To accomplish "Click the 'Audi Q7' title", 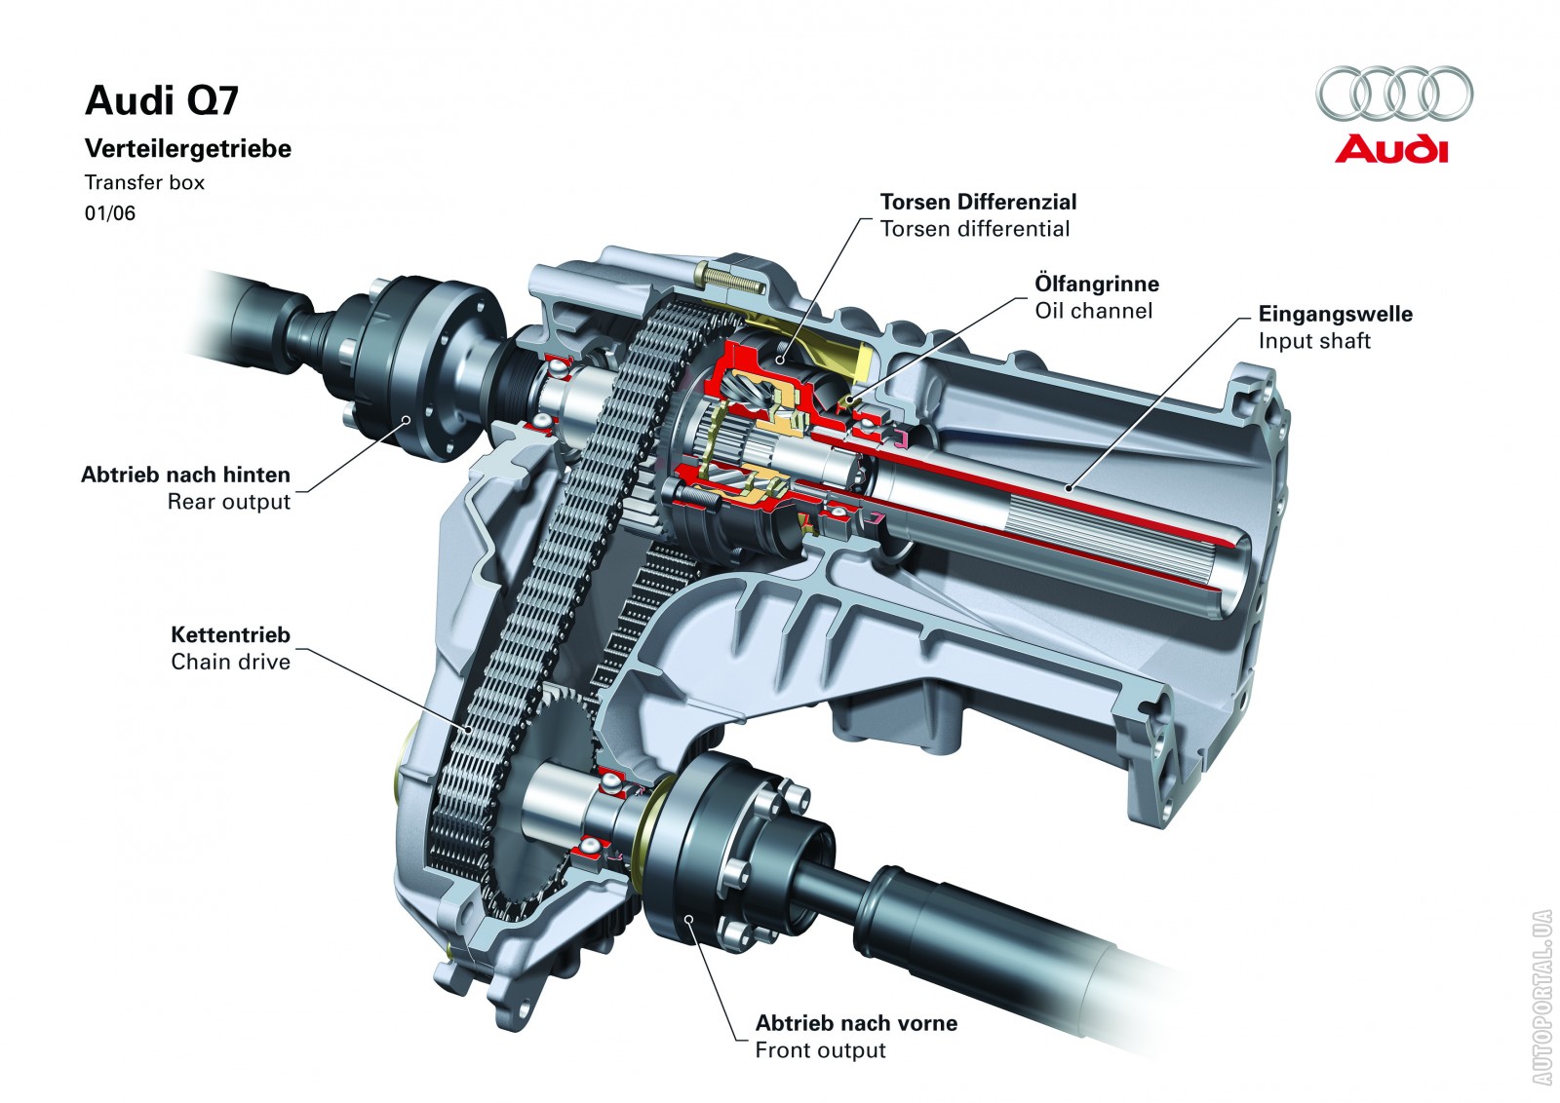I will [x=162, y=100].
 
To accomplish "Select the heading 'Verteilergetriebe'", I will [x=188, y=149].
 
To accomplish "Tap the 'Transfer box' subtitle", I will [x=144, y=182].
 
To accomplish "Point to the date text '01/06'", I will [x=110, y=213].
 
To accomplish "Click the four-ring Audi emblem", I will [x=1394, y=94].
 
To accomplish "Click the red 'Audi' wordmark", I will [x=1391, y=150].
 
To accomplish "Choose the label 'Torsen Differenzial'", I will [x=978, y=202].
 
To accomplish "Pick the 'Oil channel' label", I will [x=1093, y=311].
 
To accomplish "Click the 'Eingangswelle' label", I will [x=1335, y=314].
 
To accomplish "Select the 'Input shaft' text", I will [x=1313, y=341].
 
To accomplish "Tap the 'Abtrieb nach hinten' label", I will [x=185, y=475].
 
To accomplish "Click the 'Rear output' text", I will [x=228, y=502].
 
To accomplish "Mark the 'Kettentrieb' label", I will [x=230, y=634].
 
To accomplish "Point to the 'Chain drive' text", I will [x=230, y=662].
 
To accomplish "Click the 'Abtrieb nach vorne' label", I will [x=856, y=1023].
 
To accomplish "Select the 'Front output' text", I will [x=820, y=1050].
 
